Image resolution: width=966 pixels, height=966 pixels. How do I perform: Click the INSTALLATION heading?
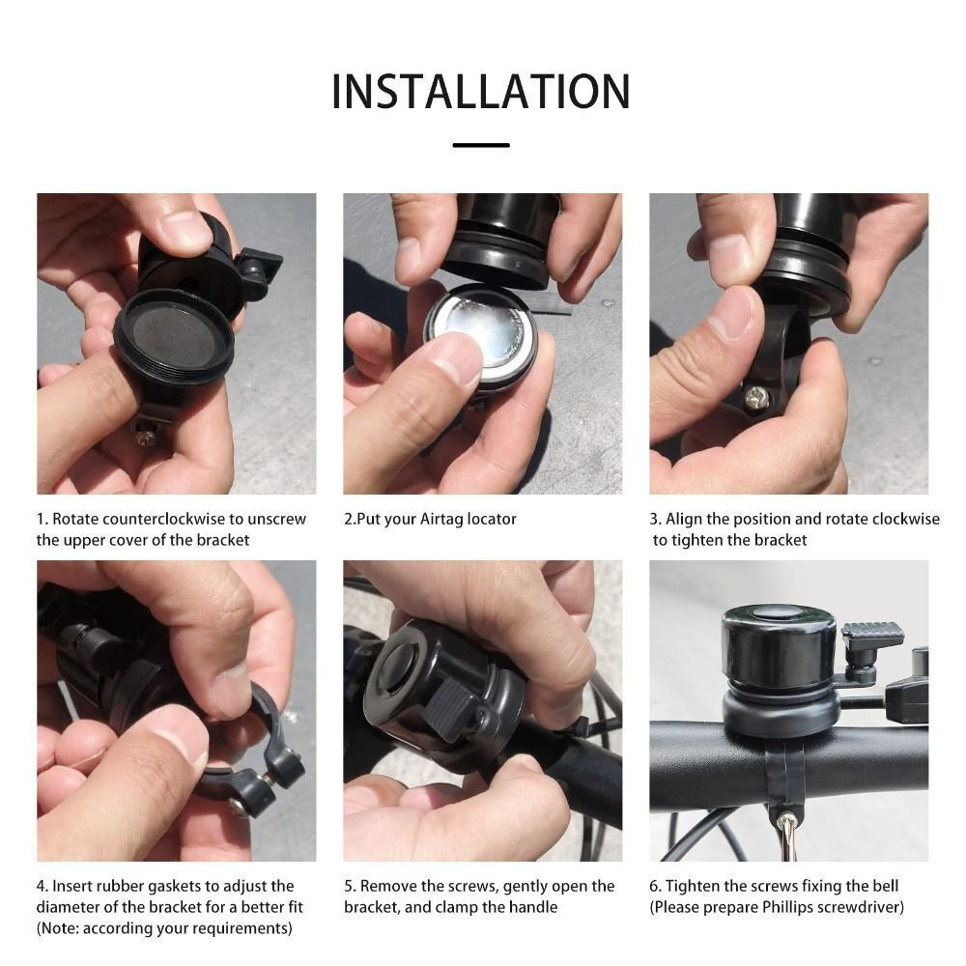coord(481,92)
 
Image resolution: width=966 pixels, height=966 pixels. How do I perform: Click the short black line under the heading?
coord(481,146)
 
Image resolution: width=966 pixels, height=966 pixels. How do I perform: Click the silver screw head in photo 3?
coord(756,399)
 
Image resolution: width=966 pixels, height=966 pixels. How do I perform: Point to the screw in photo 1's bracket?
coord(146,438)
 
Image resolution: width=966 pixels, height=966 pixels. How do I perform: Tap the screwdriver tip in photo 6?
coord(786,819)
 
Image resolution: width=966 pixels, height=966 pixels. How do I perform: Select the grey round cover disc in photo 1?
coord(174,335)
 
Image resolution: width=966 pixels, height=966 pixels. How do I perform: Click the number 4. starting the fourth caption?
coord(42,887)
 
